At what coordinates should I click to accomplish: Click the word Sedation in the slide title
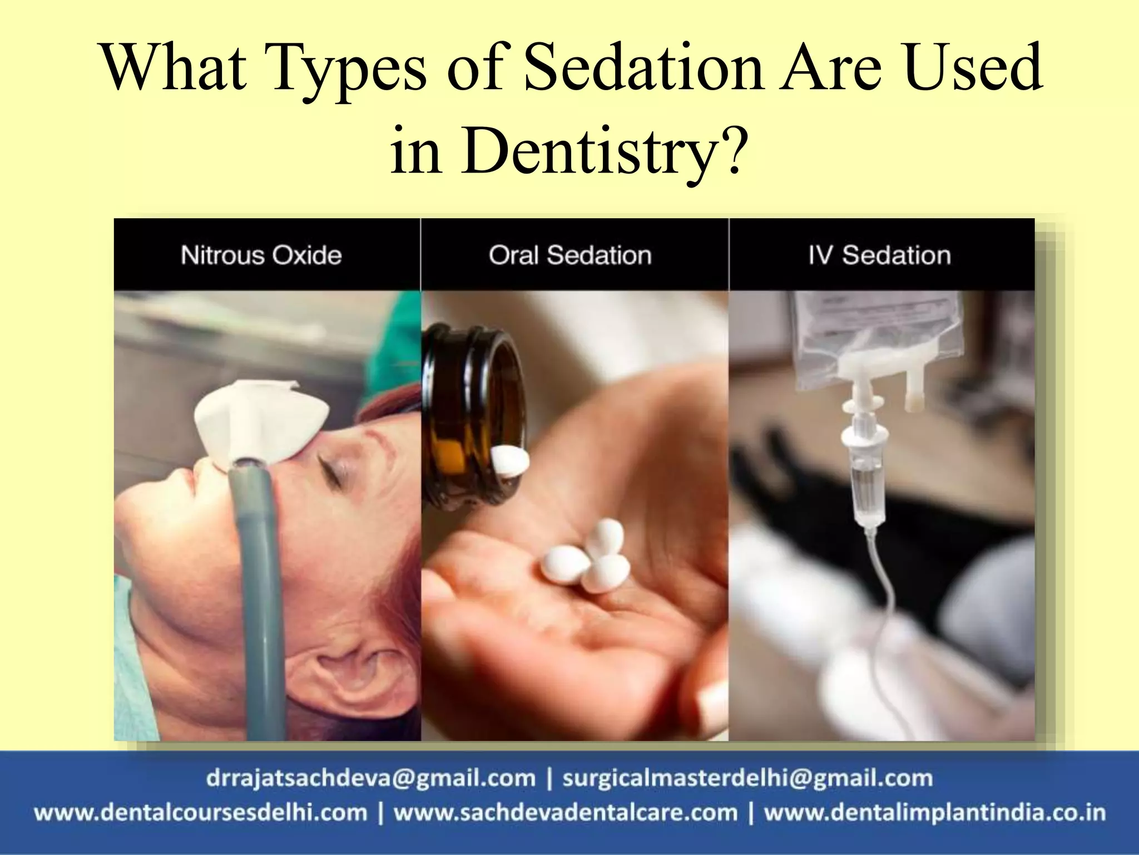click(x=643, y=68)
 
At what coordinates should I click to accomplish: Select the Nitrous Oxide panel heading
click(x=261, y=255)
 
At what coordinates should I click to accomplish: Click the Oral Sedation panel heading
click(x=570, y=255)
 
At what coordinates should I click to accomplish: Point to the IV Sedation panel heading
click(x=879, y=255)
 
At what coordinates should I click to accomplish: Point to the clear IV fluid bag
click(x=879, y=334)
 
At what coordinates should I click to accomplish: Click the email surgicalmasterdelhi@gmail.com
click(x=747, y=778)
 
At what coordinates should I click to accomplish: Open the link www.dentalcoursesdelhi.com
click(x=201, y=813)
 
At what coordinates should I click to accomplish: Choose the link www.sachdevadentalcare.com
click(x=566, y=813)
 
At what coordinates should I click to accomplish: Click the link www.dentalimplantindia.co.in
click(x=934, y=813)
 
